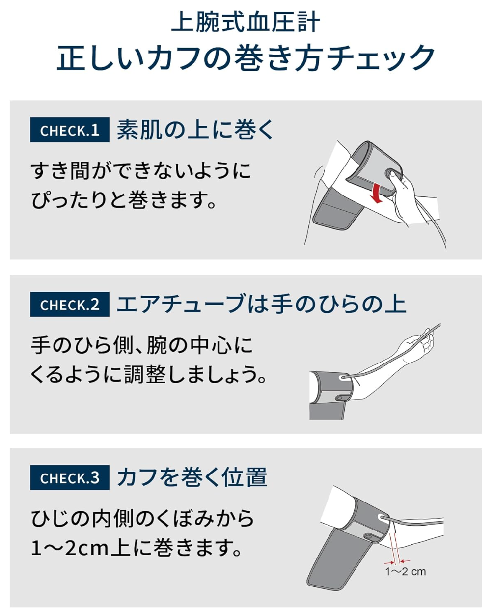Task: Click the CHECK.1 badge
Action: click(x=70, y=130)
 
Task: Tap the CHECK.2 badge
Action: click(x=70, y=305)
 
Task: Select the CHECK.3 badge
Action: click(x=70, y=477)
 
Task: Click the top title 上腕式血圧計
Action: click(x=246, y=22)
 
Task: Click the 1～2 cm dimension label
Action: click(x=406, y=571)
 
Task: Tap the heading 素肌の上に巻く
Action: click(x=195, y=130)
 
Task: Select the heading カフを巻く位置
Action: click(x=192, y=477)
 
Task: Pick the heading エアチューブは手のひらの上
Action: click(x=261, y=304)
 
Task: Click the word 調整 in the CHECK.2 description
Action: click(x=145, y=374)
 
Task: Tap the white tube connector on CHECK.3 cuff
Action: click(x=383, y=517)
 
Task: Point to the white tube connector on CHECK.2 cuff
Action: click(x=344, y=377)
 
